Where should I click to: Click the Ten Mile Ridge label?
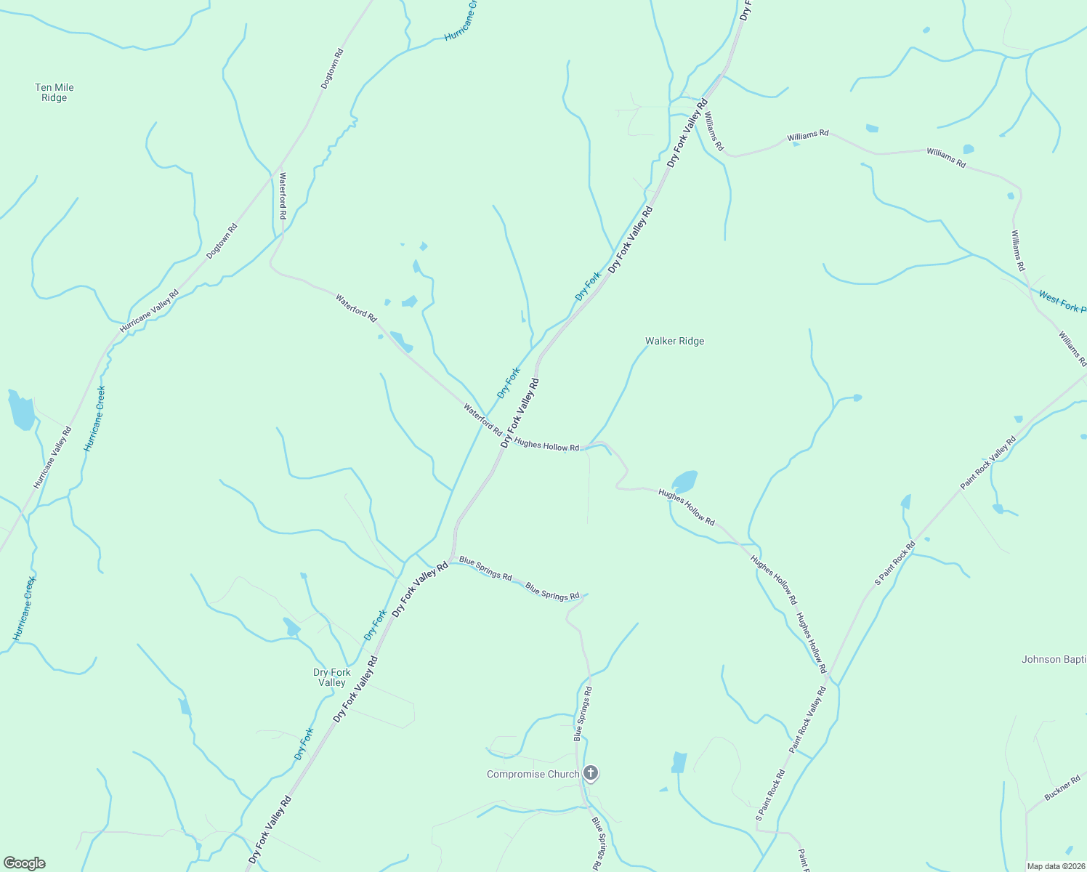click(x=54, y=92)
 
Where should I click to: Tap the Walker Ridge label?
click(x=674, y=341)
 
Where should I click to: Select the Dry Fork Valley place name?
click(x=331, y=677)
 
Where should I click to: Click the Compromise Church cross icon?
click(x=591, y=773)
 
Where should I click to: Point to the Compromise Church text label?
click(x=533, y=775)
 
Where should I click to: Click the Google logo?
click(x=25, y=863)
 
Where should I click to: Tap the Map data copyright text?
click(x=1056, y=866)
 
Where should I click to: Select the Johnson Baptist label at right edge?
click(x=1054, y=660)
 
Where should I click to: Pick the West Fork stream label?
click(x=1062, y=302)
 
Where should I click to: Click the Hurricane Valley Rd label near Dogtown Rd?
click(x=149, y=312)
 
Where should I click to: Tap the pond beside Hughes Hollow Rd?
click(x=684, y=481)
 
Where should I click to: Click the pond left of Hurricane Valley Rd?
click(x=21, y=411)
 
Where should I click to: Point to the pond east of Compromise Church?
click(x=679, y=762)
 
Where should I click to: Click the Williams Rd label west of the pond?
click(x=807, y=135)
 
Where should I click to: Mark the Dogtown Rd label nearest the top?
click(x=332, y=69)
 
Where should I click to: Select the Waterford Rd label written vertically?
click(x=283, y=196)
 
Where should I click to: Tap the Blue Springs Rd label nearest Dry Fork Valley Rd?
click(x=485, y=568)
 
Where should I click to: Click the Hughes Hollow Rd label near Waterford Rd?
click(x=546, y=444)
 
